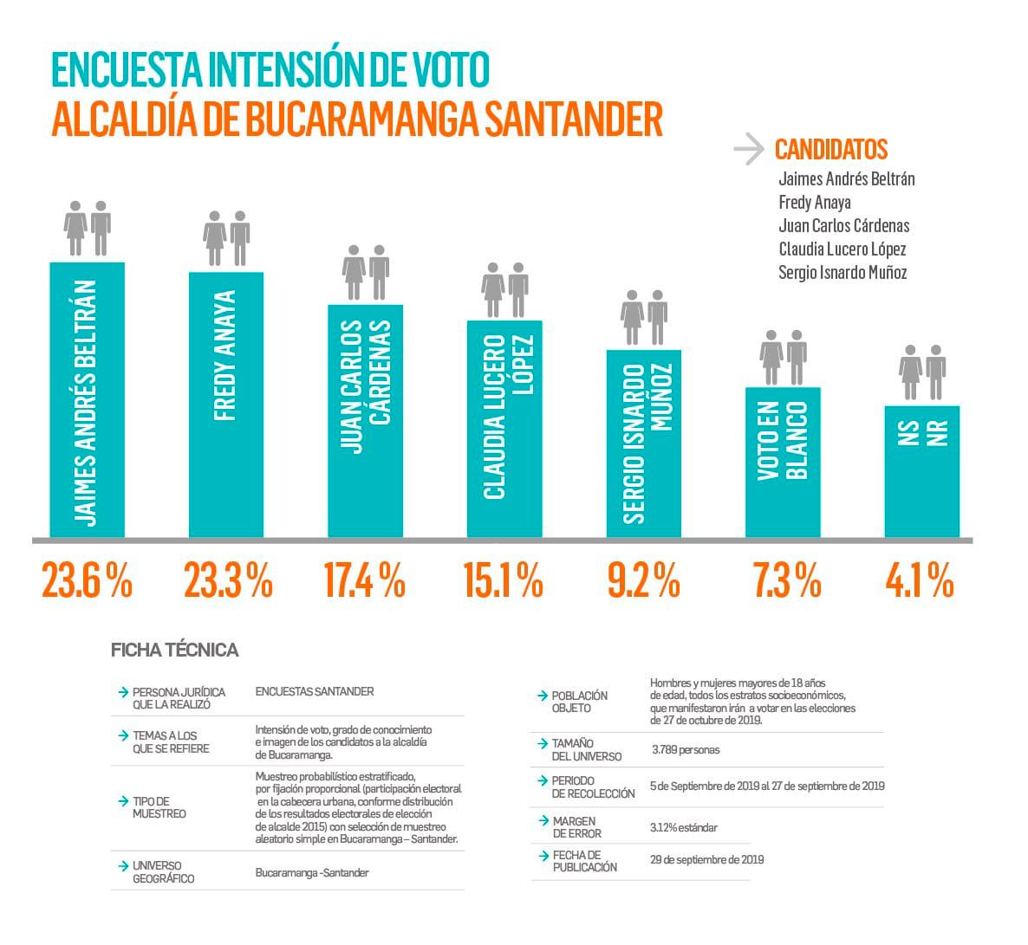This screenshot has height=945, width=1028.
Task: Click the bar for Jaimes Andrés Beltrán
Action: click(87, 399)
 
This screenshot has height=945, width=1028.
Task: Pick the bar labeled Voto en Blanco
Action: click(783, 462)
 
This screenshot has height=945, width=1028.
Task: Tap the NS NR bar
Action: click(921, 470)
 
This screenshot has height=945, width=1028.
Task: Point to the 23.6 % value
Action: click(87, 580)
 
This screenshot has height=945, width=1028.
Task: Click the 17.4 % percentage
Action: click(364, 580)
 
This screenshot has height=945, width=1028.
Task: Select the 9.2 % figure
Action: click(643, 580)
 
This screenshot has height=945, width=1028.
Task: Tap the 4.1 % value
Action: click(920, 580)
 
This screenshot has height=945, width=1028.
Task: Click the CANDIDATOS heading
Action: click(830, 150)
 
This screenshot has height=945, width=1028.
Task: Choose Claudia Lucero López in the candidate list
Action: click(842, 249)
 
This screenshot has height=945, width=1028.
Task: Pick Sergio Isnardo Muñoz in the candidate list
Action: click(843, 273)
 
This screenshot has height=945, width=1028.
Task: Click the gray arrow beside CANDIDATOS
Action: click(748, 149)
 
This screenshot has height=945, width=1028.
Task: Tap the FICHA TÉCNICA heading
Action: click(174, 650)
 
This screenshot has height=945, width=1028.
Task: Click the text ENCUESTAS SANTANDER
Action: click(315, 691)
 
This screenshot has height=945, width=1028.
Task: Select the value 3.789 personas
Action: click(685, 749)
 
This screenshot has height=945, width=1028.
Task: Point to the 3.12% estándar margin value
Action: click(683, 827)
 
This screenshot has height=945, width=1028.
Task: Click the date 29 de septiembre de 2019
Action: click(706, 860)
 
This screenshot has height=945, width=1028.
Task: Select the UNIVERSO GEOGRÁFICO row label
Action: click(163, 871)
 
